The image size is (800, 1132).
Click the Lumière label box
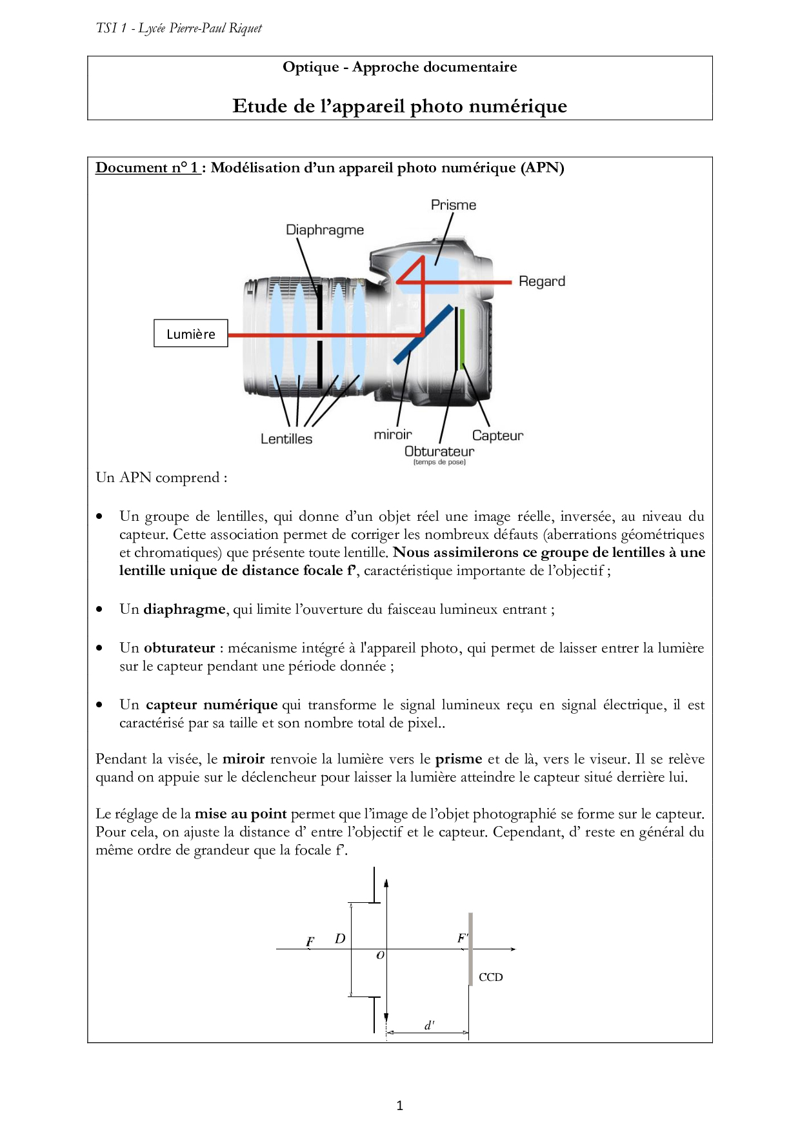(190, 334)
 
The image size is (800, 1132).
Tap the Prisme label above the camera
(453, 205)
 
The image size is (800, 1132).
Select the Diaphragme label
(325, 230)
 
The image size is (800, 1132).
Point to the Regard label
(541, 281)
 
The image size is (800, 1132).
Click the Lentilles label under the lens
(286, 439)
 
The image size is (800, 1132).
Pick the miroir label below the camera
(392, 435)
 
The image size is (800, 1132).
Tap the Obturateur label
(439, 451)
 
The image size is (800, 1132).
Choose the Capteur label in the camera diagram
(497, 436)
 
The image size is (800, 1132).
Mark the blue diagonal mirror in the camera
(423, 334)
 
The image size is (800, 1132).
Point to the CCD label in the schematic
(490, 977)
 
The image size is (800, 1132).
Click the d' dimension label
(429, 1025)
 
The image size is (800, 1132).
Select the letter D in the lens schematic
(340, 938)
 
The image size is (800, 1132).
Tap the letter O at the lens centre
(380, 955)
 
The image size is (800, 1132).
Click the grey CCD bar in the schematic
(470, 949)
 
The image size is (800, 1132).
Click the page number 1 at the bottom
(399, 1106)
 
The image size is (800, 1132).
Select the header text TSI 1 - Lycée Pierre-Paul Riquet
(179, 28)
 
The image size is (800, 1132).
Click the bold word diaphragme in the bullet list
(184, 609)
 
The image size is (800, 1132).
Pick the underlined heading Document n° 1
(147, 168)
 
